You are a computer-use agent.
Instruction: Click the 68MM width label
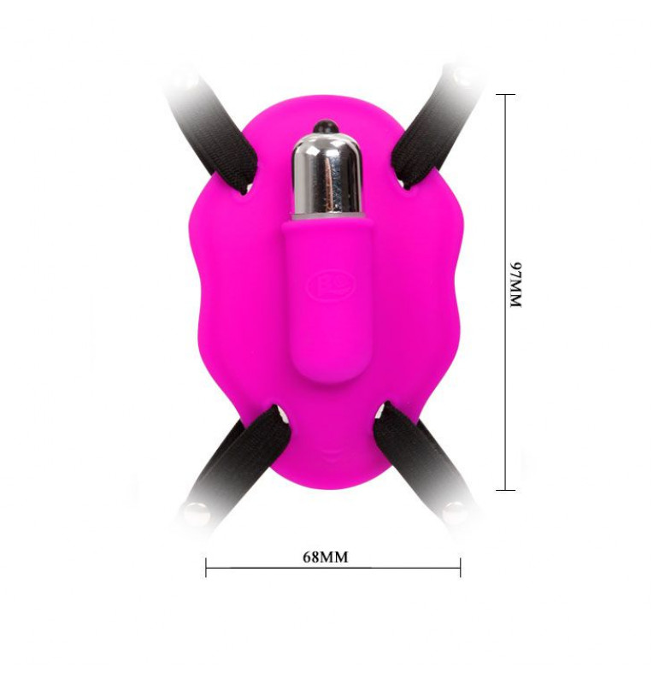click(x=326, y=557)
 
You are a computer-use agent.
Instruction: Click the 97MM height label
click(x=515, y=286)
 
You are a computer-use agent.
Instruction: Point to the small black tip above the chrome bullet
click(x=326, y=126)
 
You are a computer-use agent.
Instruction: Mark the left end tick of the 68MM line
click(x=206, y=568)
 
